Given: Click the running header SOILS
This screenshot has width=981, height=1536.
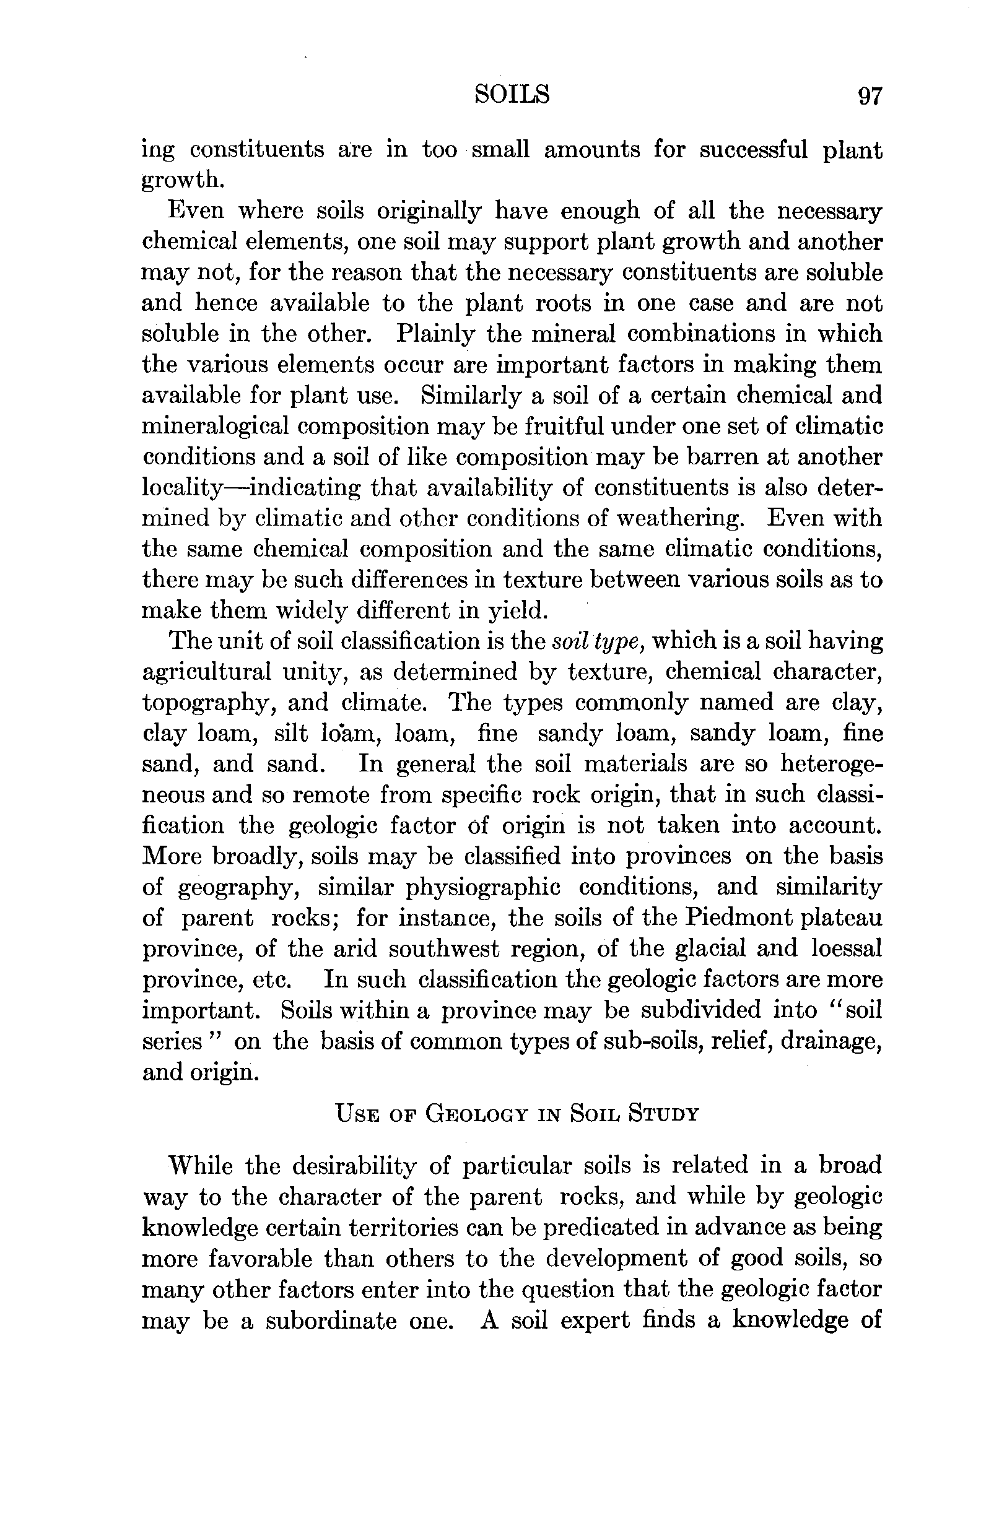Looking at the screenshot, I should (512, 95).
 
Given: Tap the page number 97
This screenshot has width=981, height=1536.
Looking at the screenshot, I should (870, 97).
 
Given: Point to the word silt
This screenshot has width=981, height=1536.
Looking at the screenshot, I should (291, 734).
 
